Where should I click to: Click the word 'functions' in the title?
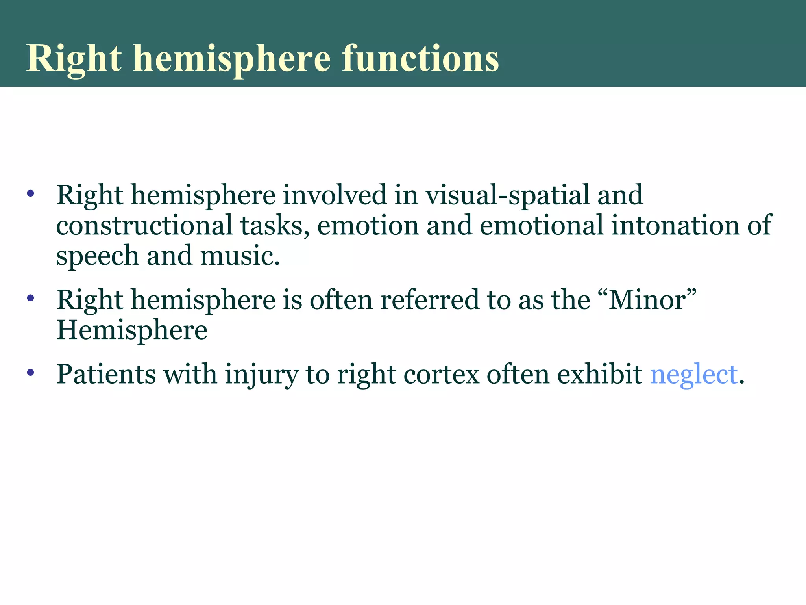pyautogui.click(x=420, y=58)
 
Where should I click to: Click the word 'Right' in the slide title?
pyautogui.click(x=74, y=58)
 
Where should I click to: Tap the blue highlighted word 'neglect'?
pyautogui.click(x=693, y=374)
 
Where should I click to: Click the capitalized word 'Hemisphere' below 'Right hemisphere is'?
pyautogui.click(x=132, y=330)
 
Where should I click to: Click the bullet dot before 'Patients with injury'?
pyautogui.click(x=31, y=372)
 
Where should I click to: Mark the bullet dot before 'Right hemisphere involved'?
pyautogui.click(x=31, y=193)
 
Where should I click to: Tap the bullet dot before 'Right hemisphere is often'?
pyautogui.click(x=31, y=298)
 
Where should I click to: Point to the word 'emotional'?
pyautogui.click(x=542, y=225)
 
